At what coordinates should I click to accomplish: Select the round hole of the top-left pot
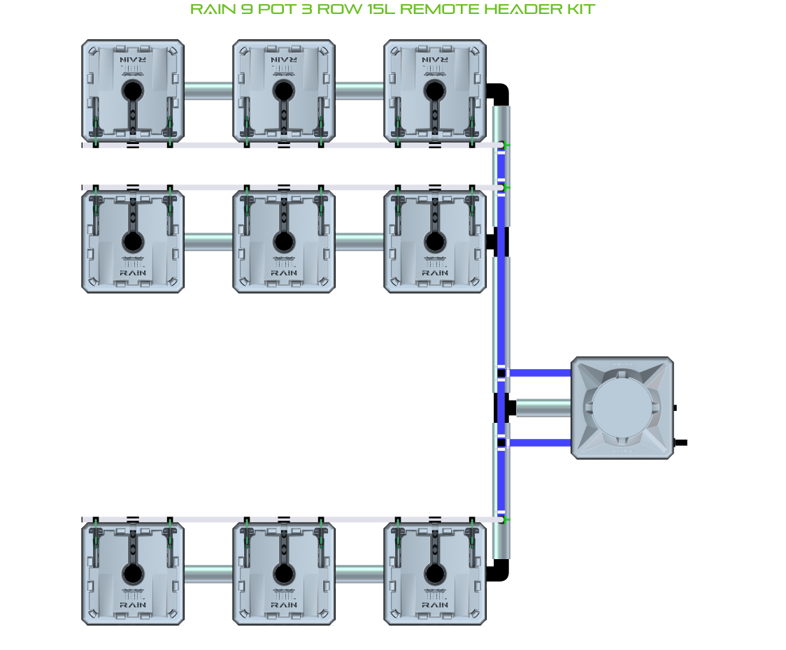point(132,90)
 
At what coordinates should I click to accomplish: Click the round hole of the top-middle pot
point(283,90)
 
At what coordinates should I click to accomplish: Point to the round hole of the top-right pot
point(434,90)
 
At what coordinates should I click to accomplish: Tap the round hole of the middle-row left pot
point(132,242)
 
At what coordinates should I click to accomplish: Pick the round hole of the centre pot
point(283,242)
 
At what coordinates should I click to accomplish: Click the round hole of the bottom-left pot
point(132,575)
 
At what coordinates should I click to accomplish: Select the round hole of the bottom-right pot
point(434,575)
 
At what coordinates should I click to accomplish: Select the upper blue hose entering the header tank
point(540,373)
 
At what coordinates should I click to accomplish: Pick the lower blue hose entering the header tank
point(540,442)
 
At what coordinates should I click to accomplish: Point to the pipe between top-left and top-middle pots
point(208,91)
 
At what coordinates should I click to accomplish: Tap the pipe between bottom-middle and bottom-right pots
point(359,574)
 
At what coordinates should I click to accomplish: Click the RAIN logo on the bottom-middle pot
point(283,605)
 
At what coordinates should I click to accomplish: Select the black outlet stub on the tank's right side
point(680,442)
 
